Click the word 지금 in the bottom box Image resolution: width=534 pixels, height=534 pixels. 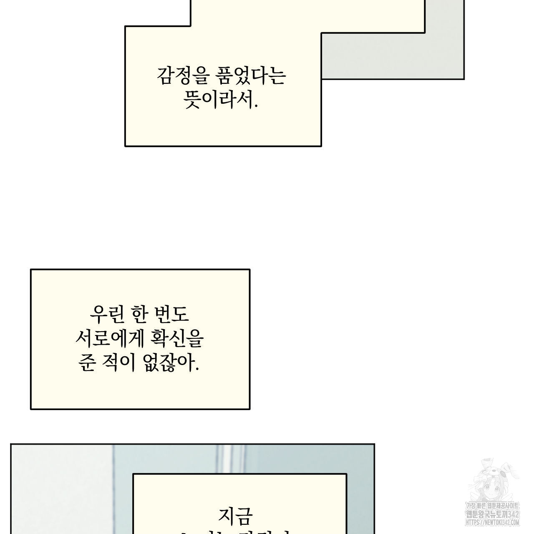[235, 516]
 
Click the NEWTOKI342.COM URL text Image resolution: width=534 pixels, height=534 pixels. [492, 522]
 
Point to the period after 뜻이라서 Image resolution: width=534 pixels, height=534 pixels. [256, 106]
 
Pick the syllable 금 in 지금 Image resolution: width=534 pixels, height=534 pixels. [244, 516]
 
